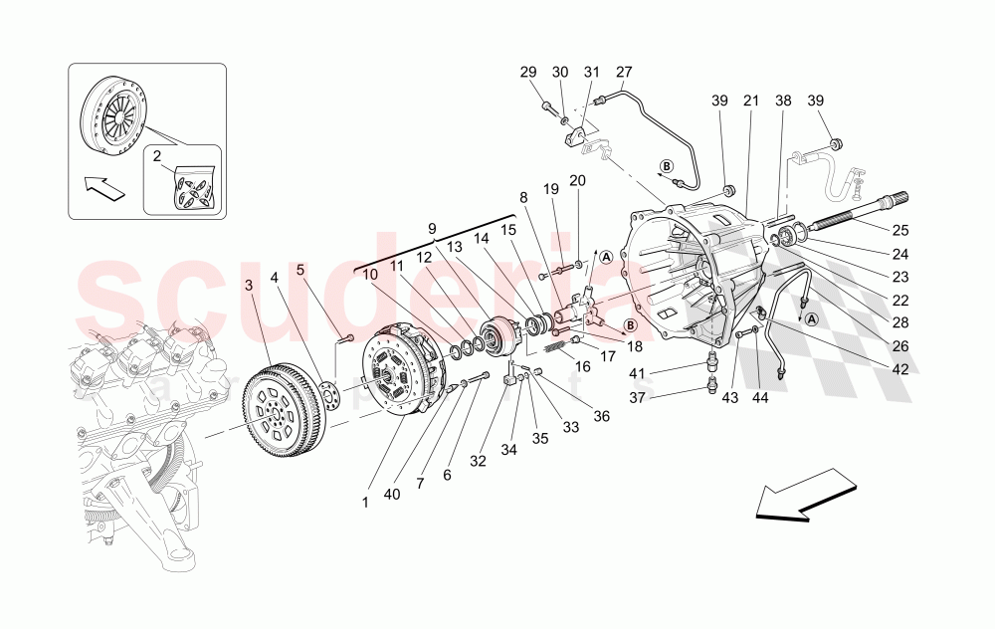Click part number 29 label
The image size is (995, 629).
pyautogui.click(x=528, y=72)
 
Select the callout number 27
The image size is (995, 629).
pyautogui.click(x=624, y=72)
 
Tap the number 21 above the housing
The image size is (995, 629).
pyautogui.click(x=750, y=102)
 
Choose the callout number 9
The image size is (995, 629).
pyautogui.click(x=432, y=228)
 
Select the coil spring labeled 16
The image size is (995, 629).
pyautogui.click(x=562, y=347)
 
